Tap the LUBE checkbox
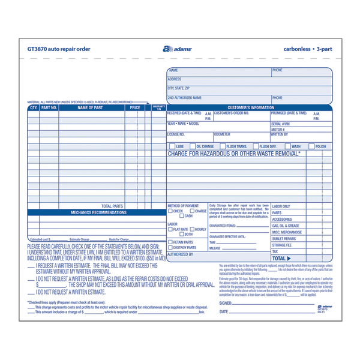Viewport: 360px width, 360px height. (x=172, y=146)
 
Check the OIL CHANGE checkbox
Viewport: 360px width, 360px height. (x=193, y=146)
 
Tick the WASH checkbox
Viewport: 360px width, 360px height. (x=288, y=146)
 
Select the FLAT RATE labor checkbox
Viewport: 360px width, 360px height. (x=170, y=229)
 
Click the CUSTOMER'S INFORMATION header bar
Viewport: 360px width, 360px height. (x=251, y=107)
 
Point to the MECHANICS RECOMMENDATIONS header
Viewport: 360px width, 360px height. (x=98, y=212)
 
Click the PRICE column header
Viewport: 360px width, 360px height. (x=134, y=108)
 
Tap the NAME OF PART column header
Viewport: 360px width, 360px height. (x=90, y=108)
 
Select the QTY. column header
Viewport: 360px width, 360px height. (x=33, y=108)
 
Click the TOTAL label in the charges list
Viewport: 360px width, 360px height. (x=280, y=258)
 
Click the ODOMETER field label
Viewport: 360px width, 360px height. (x=222, y=134)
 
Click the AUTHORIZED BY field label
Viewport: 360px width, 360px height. (x=181, y=254)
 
